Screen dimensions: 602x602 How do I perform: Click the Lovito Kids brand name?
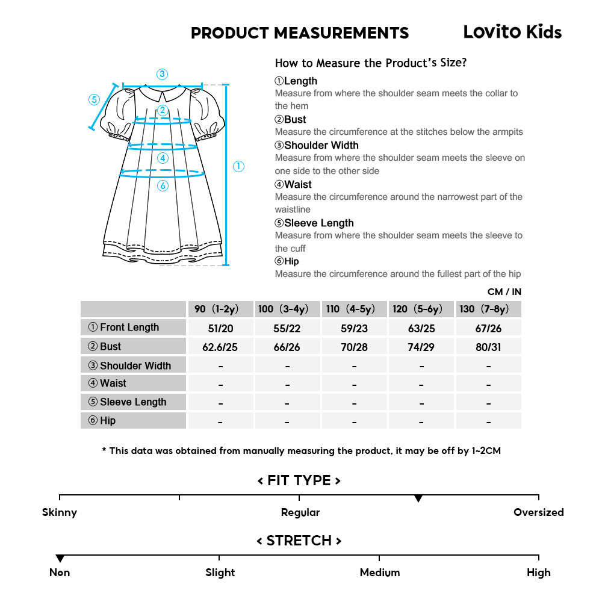(x=512, y=32)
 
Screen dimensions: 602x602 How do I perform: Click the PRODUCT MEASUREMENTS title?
(x=300, y=33)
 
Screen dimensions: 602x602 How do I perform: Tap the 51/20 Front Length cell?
(x=220, y=328)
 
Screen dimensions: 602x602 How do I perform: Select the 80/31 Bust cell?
(x=488, y=347)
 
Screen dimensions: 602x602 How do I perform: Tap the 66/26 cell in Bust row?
(x=287, y=347)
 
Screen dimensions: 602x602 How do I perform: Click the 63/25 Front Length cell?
(x=421, y=328)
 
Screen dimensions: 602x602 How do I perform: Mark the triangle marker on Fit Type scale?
(x=418, y=498)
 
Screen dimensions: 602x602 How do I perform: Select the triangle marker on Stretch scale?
(x=60, y=559)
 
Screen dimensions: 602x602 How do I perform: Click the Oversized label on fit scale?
(x=538, y=512)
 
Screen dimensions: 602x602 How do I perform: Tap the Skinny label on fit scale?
(x=60, y=512)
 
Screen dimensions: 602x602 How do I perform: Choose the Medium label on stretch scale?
(x=379, y=573)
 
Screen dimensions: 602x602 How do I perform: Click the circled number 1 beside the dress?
(x=238, y=167)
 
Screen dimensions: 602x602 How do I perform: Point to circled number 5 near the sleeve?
(x=93, y=99)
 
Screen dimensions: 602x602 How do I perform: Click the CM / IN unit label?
(x=504, y=292)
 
